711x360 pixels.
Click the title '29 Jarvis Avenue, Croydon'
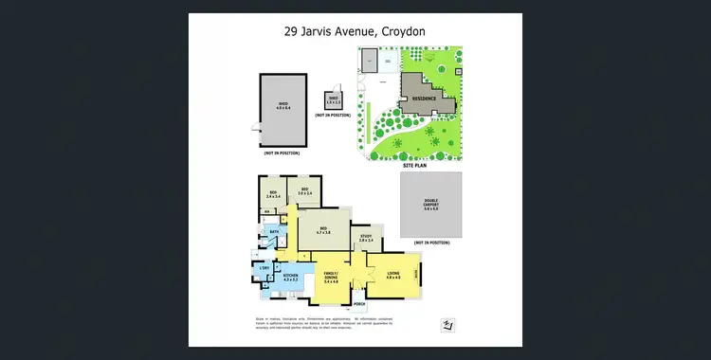coord(355,30)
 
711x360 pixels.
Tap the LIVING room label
coord(393,276)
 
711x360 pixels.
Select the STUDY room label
coord(365,240)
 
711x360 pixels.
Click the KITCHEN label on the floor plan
coord(291,278)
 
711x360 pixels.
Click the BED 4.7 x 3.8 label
coord(322,230)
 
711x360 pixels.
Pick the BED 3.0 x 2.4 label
coord(305,192)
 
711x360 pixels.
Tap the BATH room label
coord(273,231)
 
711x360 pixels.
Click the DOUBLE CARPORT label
coord(431,206)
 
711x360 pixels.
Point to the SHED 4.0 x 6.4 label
coord(283,105)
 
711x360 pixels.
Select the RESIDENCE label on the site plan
coord(424,98)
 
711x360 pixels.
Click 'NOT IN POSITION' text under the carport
coord(429,243)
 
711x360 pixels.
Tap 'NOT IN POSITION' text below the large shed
coord(282,153)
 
